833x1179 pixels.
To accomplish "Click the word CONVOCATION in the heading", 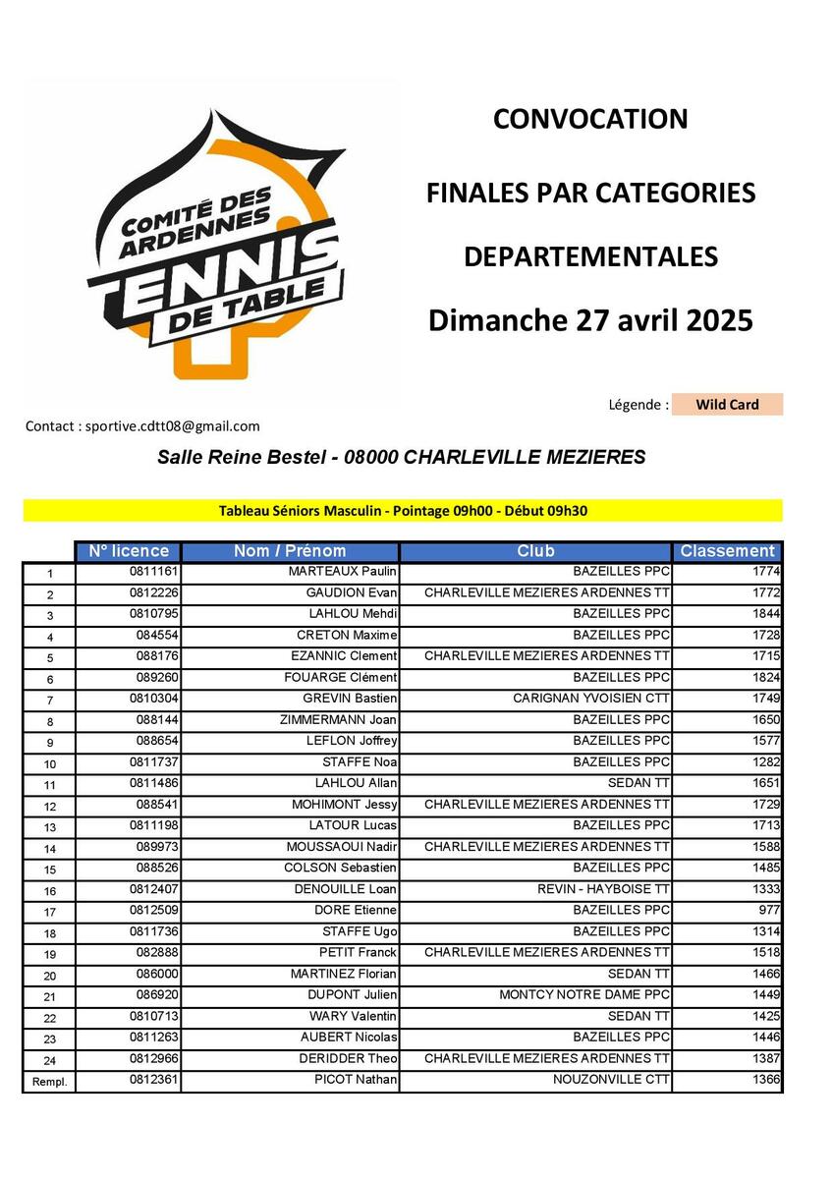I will tap(590, 119).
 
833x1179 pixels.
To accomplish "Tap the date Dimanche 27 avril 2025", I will tap(590, 320).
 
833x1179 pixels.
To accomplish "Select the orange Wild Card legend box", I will tap(727, 405).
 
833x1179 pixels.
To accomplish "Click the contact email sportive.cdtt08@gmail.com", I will tap(172, 425).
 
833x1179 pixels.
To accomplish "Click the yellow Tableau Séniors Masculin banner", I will tap(403, 511).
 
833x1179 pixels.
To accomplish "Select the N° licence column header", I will tap(129, 551).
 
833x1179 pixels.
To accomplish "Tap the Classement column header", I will tap(727, 551).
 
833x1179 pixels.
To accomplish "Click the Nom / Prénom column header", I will tap(290, 551).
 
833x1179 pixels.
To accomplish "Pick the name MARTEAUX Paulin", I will tap(342, 571).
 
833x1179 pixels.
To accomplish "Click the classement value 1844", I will tap(765, 613).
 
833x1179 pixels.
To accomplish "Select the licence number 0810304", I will tap(152, 699).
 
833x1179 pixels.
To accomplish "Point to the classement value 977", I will tap(769, 910).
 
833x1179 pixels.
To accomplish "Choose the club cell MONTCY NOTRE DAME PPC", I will tap(584, 994).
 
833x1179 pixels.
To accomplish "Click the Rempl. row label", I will tap(48, 1082).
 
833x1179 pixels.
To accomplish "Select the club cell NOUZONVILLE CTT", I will tap(611, 1080).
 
